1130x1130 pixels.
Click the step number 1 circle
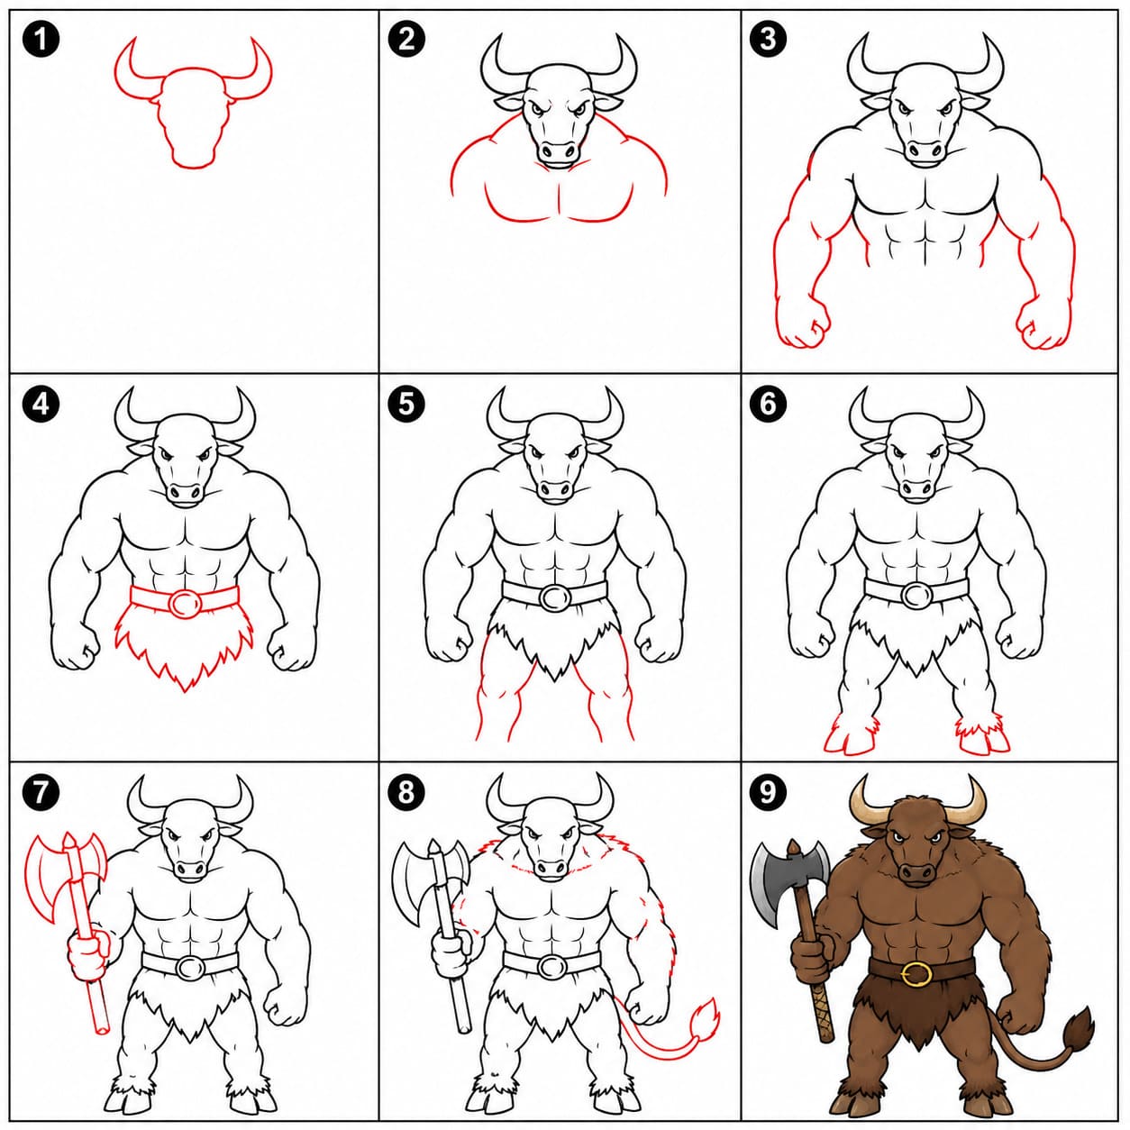[41, 40]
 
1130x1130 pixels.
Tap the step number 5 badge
[406, 404]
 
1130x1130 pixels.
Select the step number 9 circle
[768, 792]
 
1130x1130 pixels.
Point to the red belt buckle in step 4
[184, 602]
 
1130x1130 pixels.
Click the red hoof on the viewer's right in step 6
[984, 740]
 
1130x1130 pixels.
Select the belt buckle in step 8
[551, 966]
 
